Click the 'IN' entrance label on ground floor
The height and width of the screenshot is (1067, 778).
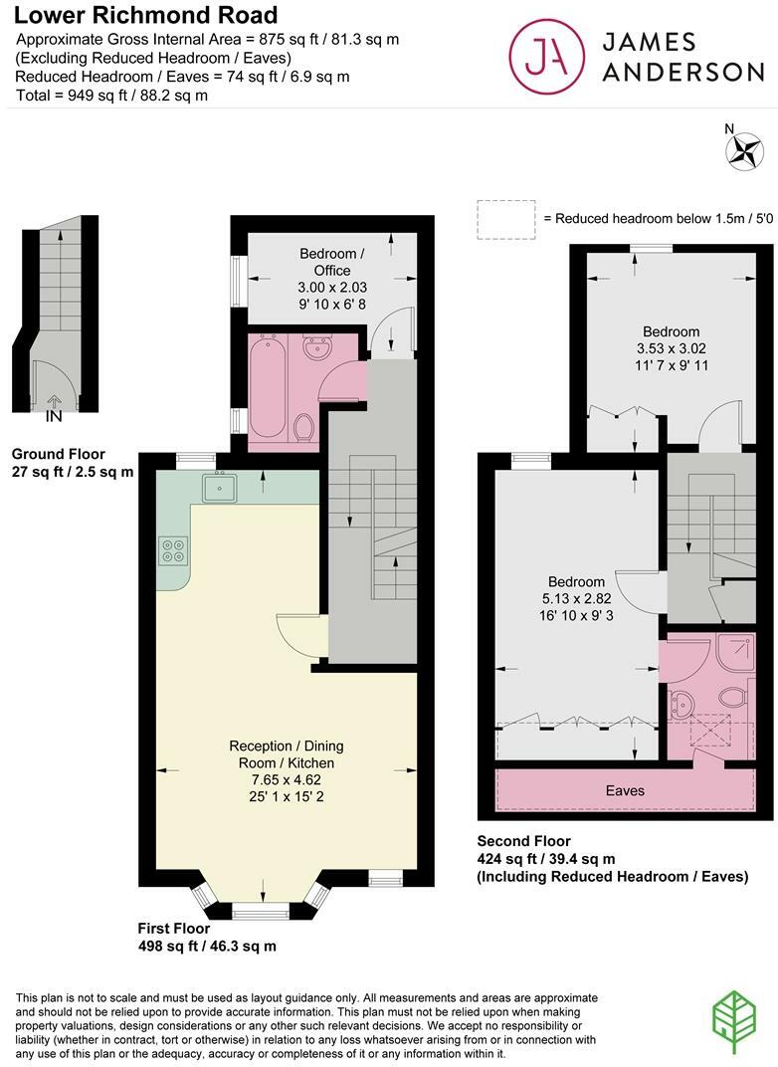coord(53,416)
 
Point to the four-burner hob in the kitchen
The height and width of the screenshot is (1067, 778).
coord(172,550)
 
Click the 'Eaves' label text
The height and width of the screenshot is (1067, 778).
coord(625,791)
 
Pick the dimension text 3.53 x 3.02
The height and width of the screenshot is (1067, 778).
coord(671,348)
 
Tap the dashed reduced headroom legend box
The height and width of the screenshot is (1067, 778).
coord(505,218)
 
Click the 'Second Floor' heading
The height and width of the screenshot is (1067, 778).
coord(524,841)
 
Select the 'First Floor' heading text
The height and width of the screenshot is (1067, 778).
coord(175,928)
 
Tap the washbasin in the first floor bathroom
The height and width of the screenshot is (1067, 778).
coord(317,349)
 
